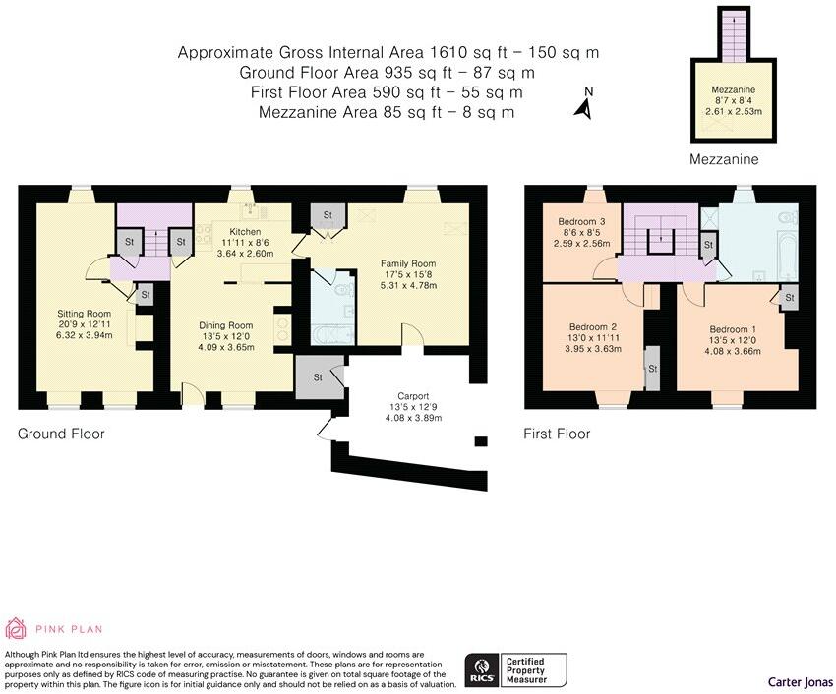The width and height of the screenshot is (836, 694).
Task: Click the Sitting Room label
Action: tap(85, 314)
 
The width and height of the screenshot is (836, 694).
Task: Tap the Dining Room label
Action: tap(225, 325)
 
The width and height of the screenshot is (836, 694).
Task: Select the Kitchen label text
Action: tap(245, 231)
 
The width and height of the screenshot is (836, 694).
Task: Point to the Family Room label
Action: tap(408, 263)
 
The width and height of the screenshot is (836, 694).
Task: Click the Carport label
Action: tap(413, 396)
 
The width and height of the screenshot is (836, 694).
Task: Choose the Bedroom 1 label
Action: tap(733, 329)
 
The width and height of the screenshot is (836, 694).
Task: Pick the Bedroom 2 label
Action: tap(593, 326)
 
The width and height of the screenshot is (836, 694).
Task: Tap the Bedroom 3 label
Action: tap(581, 221)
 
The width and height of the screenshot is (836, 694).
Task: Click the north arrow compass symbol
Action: tap(585, 104)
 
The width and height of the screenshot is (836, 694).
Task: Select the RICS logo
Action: tap(483, 670)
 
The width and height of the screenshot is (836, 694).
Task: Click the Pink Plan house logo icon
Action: tap(16, 628)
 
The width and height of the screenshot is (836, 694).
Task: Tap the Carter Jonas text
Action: tap(801, 682)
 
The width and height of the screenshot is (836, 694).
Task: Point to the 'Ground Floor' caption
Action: tap(61, 434)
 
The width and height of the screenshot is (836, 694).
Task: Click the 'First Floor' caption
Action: tap(557, 434)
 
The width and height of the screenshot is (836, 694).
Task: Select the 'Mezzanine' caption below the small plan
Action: tap(724, 159)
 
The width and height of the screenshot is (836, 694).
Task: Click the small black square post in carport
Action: tap(481, 441)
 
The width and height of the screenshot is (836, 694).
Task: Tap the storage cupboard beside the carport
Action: tap(319, 376)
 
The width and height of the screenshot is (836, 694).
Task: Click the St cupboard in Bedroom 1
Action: tap(789, 298)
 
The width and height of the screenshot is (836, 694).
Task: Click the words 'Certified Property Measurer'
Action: tap(526, 670)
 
